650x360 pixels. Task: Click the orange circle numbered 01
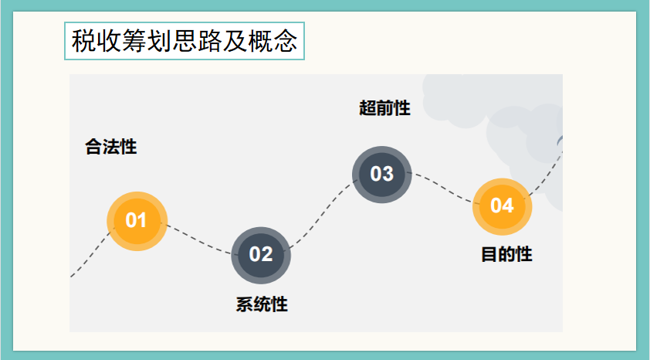137,220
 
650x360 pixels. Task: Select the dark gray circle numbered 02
261,254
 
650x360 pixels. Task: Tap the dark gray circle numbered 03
382,174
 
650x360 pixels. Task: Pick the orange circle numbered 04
502,205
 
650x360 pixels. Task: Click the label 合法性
111,147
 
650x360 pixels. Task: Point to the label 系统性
262,304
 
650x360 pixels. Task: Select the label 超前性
384,108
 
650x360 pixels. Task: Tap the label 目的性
506,254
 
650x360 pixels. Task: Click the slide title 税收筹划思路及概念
185,41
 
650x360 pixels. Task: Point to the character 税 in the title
83,41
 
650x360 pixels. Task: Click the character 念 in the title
286,41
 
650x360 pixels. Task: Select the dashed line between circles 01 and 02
199,240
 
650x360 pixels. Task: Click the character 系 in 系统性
245,304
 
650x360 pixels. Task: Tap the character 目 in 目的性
489,254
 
